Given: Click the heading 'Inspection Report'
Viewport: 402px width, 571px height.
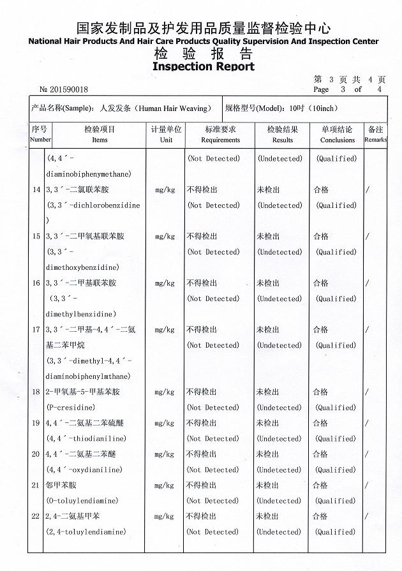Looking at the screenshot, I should tap(204, 66).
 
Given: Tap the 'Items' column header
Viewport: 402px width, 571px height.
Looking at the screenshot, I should tap(100, 140).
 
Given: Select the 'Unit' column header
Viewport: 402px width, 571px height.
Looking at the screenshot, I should tap(166, 140).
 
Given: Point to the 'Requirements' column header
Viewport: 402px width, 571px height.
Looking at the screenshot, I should tap(221, 140).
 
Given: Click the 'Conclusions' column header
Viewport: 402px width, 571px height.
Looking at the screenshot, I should tap(338, 140).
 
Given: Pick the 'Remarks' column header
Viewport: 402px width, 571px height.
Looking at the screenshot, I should tap(376, 140).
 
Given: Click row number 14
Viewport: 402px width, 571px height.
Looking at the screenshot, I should tap(36, 190).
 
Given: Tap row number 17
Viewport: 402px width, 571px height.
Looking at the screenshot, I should tap(36, 330).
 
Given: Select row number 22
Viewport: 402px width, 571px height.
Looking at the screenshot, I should tap(36, 516).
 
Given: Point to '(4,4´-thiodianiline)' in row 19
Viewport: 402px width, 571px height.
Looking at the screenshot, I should tap(86, 438).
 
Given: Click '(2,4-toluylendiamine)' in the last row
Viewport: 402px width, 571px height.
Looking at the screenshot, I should tap(86, 531).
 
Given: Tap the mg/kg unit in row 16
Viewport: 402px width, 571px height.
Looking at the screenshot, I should tap(165, 283).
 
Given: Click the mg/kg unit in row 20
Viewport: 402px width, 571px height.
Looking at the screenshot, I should tap(165, 454).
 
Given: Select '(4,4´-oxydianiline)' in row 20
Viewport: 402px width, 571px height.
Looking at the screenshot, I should tap(85, 470).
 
